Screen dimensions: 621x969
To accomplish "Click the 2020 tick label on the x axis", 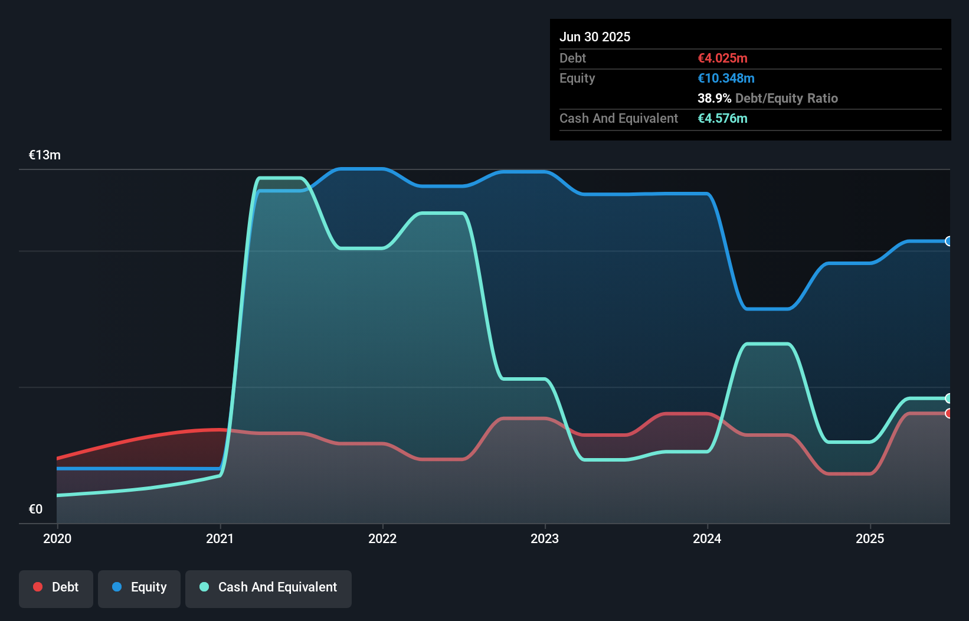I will (x=57, y=538).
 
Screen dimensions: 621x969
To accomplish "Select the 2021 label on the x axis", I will (x=220, y=538).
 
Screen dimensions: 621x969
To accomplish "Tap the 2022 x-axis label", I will (x=382, y=538).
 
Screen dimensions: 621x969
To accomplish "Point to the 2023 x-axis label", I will (x=545, y=538).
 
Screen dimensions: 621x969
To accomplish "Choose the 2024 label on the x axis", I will (x=707, y=538).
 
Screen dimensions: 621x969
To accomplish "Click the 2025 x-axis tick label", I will (x=870, y=538).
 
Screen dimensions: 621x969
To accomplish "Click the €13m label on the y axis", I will (x=45, y=155).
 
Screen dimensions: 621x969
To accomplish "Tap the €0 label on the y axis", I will (x=35, y=509).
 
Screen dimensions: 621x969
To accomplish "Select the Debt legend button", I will (x=56, y=587).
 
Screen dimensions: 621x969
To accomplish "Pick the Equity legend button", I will (x=139, y=587).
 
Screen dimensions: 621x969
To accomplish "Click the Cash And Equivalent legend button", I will (x=269, y=587).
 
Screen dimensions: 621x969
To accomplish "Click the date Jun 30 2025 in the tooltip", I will (x=595, y=37).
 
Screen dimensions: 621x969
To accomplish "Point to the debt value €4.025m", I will (x=722, y=58).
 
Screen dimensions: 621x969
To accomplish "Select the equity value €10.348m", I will (x=726, y=78).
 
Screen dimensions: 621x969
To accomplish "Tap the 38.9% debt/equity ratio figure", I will (x=714, y=98).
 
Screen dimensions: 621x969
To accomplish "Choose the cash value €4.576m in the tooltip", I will (x=722, y=118).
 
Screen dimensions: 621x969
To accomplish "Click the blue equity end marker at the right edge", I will (x=948, y=241).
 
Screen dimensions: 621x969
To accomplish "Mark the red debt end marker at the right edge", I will (x=948, y=413).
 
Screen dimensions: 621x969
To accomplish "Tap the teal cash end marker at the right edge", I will (x=948, y=398).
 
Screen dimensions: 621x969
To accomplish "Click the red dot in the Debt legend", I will (x=38, y=587).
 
